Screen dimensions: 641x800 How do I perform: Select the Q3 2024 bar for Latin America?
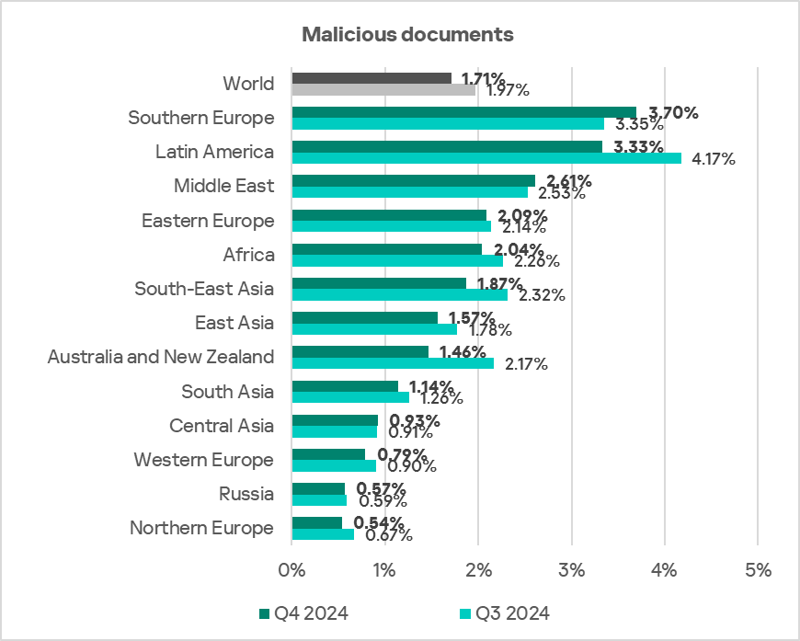(x=486, y=158)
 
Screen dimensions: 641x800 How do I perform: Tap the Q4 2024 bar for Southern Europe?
(x=463, y=112)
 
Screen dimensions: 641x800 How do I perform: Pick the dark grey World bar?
(x=371, y=78)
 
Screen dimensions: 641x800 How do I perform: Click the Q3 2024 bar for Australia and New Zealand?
(x=393, y=363)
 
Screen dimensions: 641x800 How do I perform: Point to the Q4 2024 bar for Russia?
(x=318, y=488)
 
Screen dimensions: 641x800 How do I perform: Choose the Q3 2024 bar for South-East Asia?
(x=399, y=295)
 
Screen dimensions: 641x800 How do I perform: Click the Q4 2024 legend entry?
(x=303, y=613)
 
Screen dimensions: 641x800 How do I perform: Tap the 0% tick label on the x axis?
(x=291, y=570)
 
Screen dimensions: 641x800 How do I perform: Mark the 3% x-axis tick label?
(x=571, y=570)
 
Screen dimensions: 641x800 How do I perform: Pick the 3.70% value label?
(x=668, y=113)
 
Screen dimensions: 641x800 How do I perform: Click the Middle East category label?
(x=223, y=186)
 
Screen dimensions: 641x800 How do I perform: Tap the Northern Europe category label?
(x=201, y=528)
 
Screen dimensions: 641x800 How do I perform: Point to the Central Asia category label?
(x=222, y=425)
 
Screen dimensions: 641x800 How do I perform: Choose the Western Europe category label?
(x=203, y=459)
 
